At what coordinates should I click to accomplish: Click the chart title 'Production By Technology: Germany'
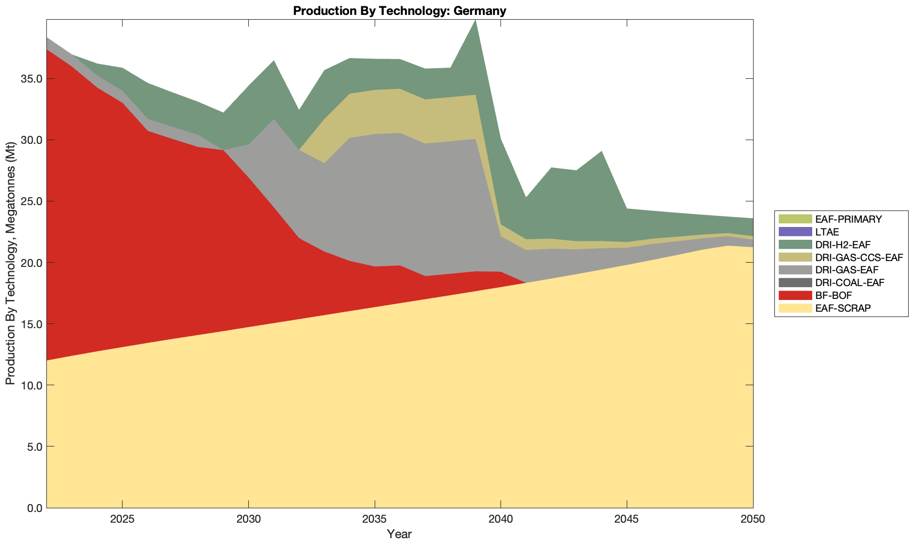(399, 11)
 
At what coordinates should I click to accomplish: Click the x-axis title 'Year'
(399, 534)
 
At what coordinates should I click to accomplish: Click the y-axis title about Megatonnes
(10, 264)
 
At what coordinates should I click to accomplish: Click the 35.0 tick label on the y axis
(32, 79)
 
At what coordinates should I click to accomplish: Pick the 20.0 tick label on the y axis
(32, 263)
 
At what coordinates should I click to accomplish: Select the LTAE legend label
(827, 232)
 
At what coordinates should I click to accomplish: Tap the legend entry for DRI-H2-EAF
(843, 245)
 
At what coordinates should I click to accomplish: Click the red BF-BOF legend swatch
(795, 295)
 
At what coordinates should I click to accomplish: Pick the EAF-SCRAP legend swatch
(795, 308)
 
